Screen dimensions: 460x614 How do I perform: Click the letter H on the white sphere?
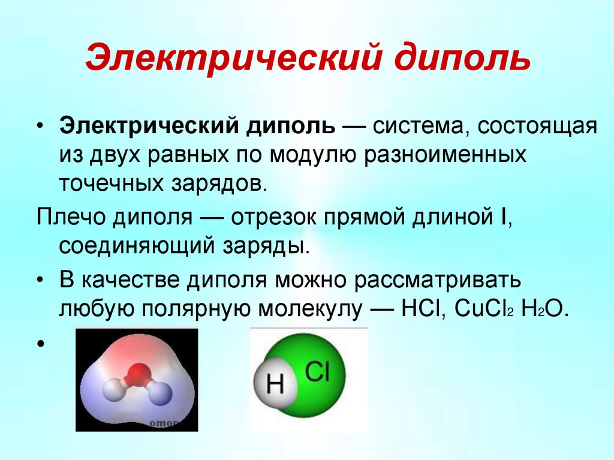[x=275, y=384]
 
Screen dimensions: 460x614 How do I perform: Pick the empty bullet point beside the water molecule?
[x=40, y=344]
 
